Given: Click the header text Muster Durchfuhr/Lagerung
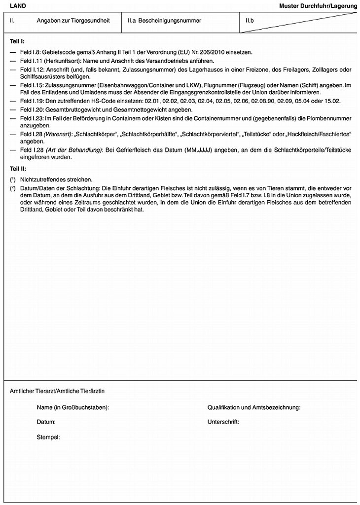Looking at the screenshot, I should click(318, 6).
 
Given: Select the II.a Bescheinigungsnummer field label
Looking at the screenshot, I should click(164, 21).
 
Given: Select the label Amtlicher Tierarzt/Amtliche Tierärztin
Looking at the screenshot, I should click(60, 391).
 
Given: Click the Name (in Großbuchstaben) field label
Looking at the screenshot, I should click(72, 407).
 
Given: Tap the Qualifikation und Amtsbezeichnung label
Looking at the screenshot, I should click(254, 407).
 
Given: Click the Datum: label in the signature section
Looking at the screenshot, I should click(46, 422).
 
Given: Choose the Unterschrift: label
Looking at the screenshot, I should click(223, 422).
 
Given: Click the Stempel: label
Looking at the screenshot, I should click(48, 437).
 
